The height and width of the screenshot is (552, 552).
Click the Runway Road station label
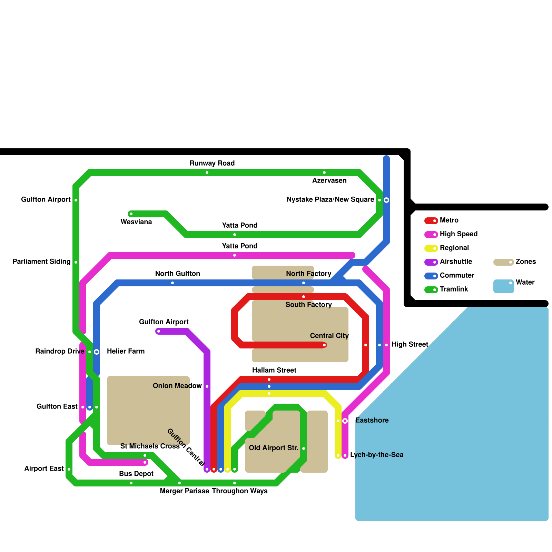pos(212,163)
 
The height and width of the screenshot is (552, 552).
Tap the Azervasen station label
pos(329,180)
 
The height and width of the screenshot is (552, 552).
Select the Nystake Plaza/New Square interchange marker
pos(386,200)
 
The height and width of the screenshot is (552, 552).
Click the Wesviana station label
pos(136,222)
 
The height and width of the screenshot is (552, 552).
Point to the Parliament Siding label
pos(41,262)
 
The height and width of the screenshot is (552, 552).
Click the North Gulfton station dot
pos(172,283)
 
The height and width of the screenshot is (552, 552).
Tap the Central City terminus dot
pos(324,345)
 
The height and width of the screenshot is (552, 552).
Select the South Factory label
pos(308,305)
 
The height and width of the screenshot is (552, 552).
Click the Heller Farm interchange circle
pos(97,352)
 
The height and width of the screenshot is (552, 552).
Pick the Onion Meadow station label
pos(177,386)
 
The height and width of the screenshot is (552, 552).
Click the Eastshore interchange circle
pos(345,421)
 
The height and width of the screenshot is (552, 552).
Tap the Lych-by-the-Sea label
pos(376,455)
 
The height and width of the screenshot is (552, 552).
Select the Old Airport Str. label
pos(273,448)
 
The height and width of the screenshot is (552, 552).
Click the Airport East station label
pos(44,469)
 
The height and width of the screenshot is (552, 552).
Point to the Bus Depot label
pos(136,474)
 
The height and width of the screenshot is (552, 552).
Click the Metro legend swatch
pos(431,221)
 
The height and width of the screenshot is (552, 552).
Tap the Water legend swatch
pos(503,286)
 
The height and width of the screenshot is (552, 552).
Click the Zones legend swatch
pos(503,262)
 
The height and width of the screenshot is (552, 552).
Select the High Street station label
pos(410,344)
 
